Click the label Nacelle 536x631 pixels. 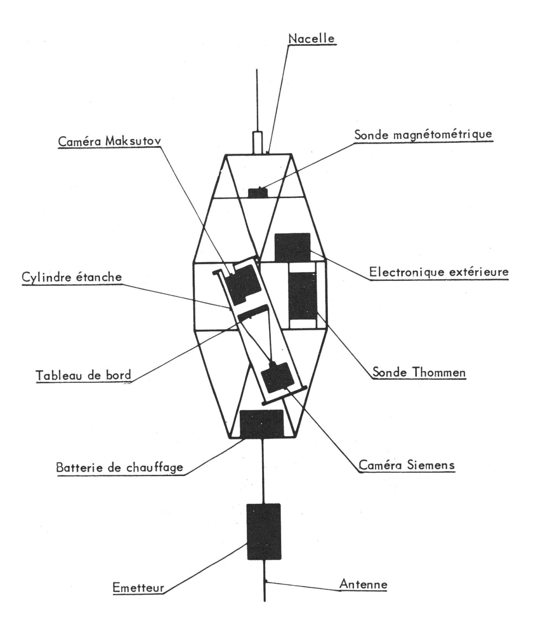pyautogui.click(x=312, y=38)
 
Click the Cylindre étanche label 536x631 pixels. pyautogui.click(x=71, y=278)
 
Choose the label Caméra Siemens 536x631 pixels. pyautogui.click(x=406, y=464)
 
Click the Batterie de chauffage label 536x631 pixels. pyautogui.click(x=120, y=468)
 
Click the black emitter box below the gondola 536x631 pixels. pyautogui.click(x=264, y=531)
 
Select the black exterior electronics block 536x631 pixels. pyautogui.click(x=292, y=247)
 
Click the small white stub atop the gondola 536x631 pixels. pyautogui.click(x=257, y=142)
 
